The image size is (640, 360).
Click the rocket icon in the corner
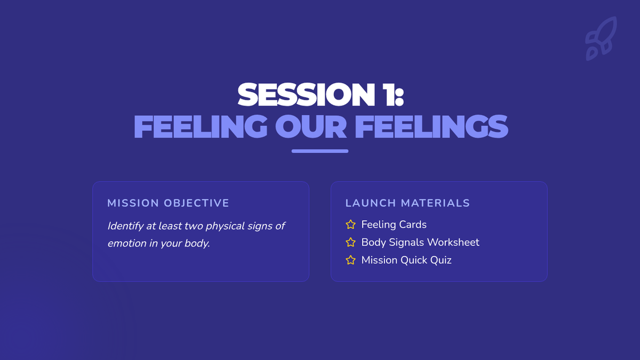click(x=601, y=38)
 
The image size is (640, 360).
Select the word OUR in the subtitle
click(x=311, y=126)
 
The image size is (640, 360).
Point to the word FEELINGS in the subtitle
click(x=431, y=126)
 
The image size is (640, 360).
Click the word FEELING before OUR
click(x=201, y=126)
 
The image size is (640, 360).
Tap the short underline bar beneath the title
click(x=320, y=151)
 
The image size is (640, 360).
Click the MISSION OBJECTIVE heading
click(x=168, y=203)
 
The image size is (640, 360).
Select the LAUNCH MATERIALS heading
click(x=407, y=203)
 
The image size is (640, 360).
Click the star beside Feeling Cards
click(x=350, y=225)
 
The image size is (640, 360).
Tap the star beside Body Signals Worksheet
click(x=350, y=242)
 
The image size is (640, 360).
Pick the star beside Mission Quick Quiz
click(x=350, y=260)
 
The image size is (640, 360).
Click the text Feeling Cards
click(x=394, y=225)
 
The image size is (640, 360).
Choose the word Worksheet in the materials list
click(x=453, y=242)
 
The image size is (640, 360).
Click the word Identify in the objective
click(x=125, y=226)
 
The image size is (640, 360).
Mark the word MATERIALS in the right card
click(x=435, y=203)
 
